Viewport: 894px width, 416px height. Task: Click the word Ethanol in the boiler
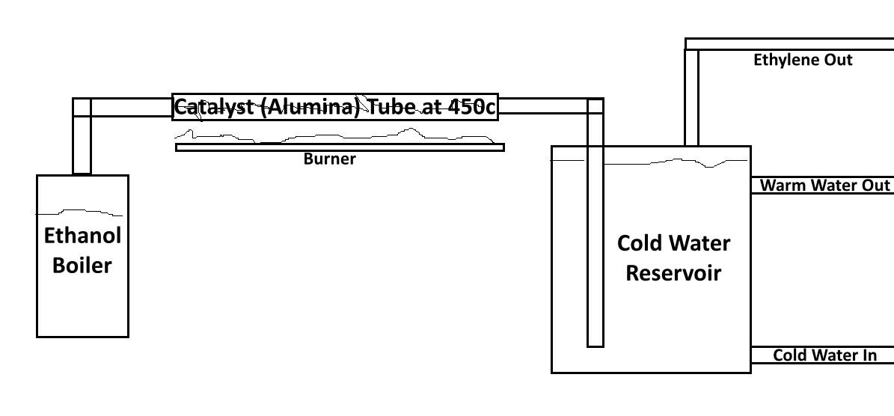82,236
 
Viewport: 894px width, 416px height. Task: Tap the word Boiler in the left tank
82,265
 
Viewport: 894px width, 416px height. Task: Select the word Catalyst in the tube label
215,107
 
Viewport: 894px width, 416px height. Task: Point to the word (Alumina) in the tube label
310,107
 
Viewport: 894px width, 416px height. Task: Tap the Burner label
329,159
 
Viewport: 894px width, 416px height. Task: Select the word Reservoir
673,272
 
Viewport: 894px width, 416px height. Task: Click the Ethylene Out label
802,60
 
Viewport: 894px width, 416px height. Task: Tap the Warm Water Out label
824,186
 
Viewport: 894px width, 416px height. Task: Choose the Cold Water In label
824,355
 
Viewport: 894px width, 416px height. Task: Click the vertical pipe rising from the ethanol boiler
82,146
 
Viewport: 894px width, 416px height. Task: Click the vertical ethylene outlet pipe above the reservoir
692,97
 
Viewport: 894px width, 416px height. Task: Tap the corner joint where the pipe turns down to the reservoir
595,106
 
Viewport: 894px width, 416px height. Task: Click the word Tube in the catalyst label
391,107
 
